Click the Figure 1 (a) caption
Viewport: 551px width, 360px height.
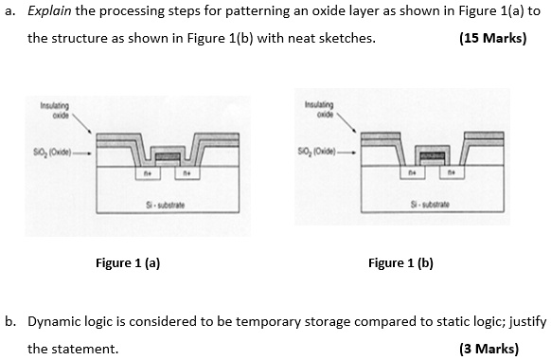pos(128,262)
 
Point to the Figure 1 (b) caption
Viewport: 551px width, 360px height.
pos(400,262)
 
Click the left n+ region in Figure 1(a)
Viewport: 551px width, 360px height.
pos(149,173)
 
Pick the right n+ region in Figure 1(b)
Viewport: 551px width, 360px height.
pos(448,173)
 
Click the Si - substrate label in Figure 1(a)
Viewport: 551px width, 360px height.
pos(166,205)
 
